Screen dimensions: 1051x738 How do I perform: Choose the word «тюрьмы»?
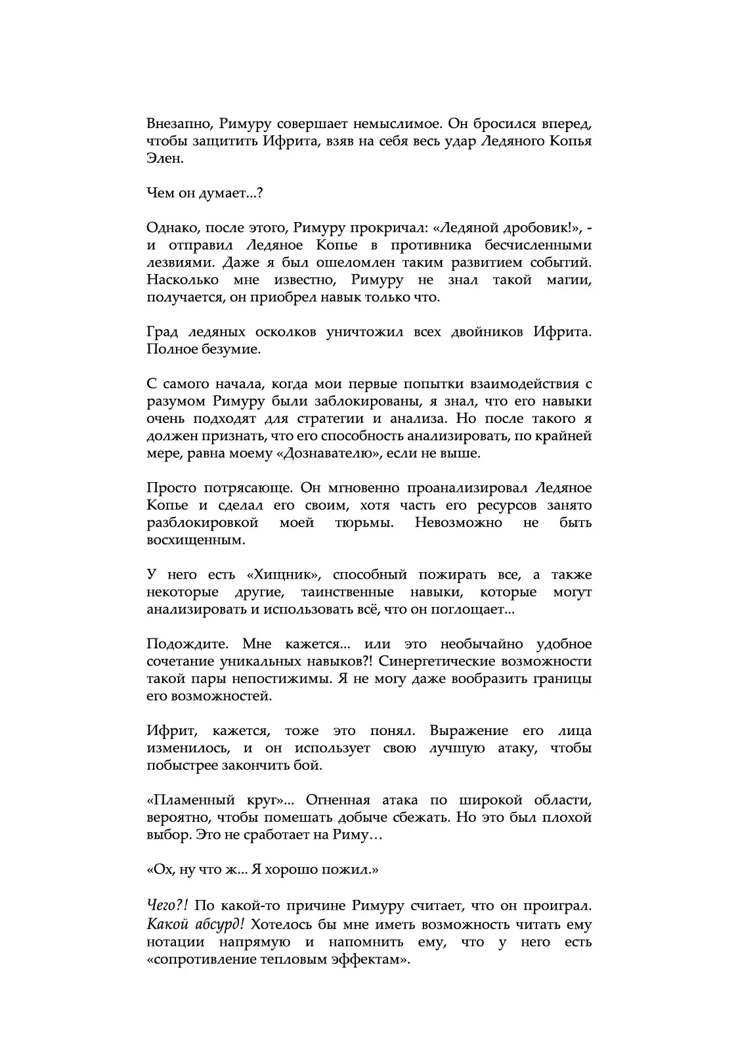pyautogui.click(x=355, y=523)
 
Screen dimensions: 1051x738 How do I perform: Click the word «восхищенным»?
pyautogui.click(x=187, y=540)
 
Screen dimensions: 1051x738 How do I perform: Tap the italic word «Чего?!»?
pyautogui.click(x=167, y=905)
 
